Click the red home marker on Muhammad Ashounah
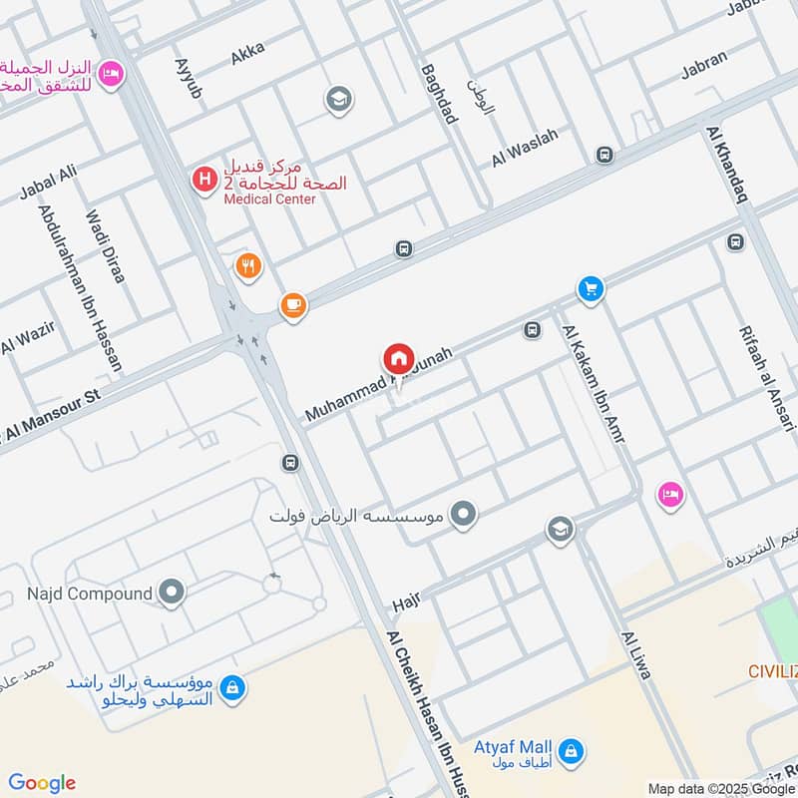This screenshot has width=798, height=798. click(x=398, y=358)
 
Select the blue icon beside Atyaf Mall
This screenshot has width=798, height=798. click(x=571, y=750)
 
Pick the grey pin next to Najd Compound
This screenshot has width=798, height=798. click(x=173, y=594)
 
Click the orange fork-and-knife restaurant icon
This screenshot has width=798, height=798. click(x=248, y=266)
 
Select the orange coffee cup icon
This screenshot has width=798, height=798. click(x=292, y=305)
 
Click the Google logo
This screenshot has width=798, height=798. click(x=41, y=783)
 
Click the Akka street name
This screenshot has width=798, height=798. click(x=247, y=54)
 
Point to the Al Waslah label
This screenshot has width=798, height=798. click(x=525, y=146)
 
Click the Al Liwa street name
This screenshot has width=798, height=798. click(x=635, y=654)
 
